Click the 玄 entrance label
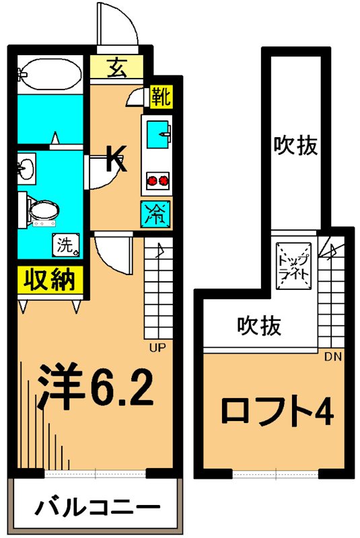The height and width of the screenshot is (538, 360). (x=116, y=67)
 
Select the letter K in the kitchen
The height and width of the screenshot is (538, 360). (x=115, y=159)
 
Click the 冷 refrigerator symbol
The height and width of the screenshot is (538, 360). (x=155, y=215)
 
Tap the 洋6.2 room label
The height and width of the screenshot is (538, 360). (x=95, y=387)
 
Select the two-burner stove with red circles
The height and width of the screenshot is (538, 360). (x=157, y=180)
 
